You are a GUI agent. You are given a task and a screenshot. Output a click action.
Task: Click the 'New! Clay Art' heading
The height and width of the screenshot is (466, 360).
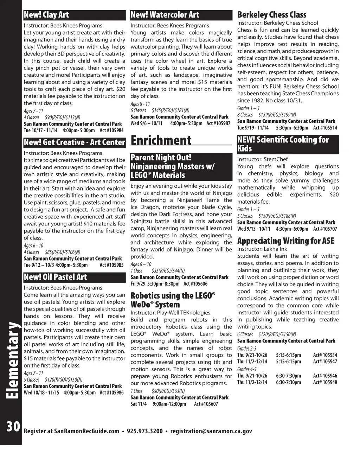pos(46,15)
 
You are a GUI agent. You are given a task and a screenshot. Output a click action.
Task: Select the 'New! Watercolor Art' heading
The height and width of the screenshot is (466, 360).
pos(165,15)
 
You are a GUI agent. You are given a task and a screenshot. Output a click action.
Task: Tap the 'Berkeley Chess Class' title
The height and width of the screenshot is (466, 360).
pos(272,15)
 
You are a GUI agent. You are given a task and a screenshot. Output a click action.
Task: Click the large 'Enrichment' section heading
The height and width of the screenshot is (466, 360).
pos(161,140)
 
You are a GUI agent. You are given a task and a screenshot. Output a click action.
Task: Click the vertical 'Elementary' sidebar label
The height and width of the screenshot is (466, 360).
pos(12,360)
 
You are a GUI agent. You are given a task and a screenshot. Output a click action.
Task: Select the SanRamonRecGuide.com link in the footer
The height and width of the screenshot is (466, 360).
pos(87,431)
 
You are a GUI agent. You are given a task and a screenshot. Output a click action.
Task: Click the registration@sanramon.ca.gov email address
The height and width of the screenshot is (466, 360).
pos(211,431)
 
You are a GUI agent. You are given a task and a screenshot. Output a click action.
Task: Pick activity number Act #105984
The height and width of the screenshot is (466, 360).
pos(111,130)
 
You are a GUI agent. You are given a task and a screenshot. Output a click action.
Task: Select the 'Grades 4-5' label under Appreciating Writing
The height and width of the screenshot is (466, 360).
pos(247,369)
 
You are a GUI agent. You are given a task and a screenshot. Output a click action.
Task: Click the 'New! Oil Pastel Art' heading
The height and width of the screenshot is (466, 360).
pos(55,277)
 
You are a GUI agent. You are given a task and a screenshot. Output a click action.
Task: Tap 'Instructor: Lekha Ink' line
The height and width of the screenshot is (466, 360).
pos(262,249)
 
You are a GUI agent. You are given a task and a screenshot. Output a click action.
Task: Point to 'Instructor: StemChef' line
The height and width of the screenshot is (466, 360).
pos(262,159)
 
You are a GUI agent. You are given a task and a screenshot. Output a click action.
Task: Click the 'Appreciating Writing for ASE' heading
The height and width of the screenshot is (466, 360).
pos(285,241)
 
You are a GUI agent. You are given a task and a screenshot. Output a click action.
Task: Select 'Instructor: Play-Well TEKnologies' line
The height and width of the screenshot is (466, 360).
pos(170,313)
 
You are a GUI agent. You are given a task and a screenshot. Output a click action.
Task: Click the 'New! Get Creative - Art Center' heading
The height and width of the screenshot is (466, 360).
pos(74,142)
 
